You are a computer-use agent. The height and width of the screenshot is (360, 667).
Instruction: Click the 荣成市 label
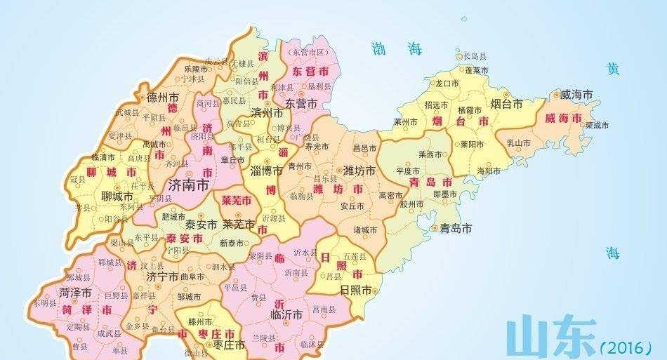pyautogui.click(x=597, y=125)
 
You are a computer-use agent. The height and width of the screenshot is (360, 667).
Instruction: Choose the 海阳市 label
pyautogui.click(x=489, y=171)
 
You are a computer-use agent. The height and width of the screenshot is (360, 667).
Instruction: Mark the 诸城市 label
pyautogui.click(x=365, y=229)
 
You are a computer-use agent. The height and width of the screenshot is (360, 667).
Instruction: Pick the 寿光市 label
pyautogui.click(x=317, y=147)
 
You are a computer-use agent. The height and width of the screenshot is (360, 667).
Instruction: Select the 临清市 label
pyautogui.click(x=103, y=157)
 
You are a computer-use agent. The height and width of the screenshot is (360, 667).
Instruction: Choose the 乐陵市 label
pyautogui.click(x=196, y=69)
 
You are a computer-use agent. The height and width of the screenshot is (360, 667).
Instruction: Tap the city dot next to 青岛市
pyautogui.click(x=435, y=227)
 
